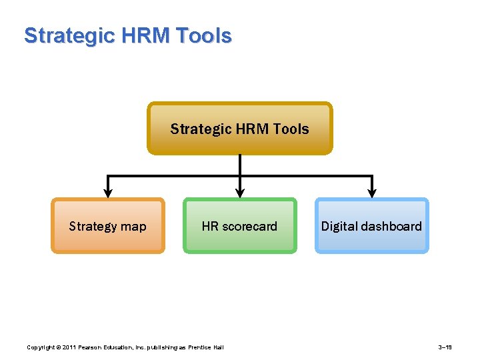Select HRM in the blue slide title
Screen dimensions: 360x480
pyautogui.click(x=143, y=35)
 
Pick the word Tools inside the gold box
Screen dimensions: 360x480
pyautogui.click(x=291, y=129)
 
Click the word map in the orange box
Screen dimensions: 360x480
pyautogui.click(x=133, y=226)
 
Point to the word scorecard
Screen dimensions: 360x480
pyautogui.click(x=249, y=226)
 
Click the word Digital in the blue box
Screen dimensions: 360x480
pyautogui.click(x=338, y=226)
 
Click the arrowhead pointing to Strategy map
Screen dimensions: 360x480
pyautogui.click(x=107, y=193)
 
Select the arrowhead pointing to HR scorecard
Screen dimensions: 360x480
pyautogui.click(x=239, y=193)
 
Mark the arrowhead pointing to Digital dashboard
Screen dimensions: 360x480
pyautogui.click(x=372, y=193)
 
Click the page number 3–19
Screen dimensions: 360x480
pyautogui.click(x=445, y=347)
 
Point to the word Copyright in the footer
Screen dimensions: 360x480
pyautogui.click(x=40, y=347)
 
